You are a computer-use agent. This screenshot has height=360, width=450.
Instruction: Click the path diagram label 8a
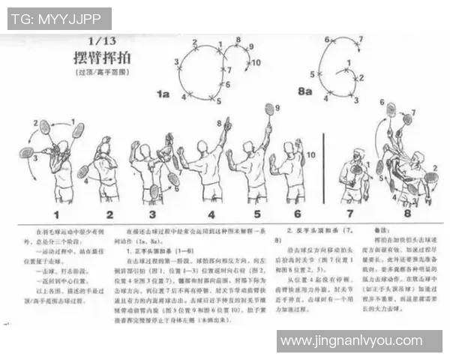point(304,91)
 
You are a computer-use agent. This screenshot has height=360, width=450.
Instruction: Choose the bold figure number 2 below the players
point(109,214)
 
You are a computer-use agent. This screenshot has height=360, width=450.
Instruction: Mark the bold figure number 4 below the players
point(211,214)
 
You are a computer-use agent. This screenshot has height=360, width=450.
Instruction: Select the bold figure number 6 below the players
point(297,214)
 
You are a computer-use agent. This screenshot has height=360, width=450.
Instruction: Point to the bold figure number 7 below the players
point(351,214)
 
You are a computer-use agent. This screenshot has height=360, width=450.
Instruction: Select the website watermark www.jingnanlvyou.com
point(360,341)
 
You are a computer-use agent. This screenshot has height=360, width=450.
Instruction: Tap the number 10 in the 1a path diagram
point(256,63)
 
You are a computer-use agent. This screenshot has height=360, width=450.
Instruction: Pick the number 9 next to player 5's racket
point(276,107)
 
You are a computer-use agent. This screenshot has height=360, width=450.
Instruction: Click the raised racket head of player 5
point(268,109)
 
